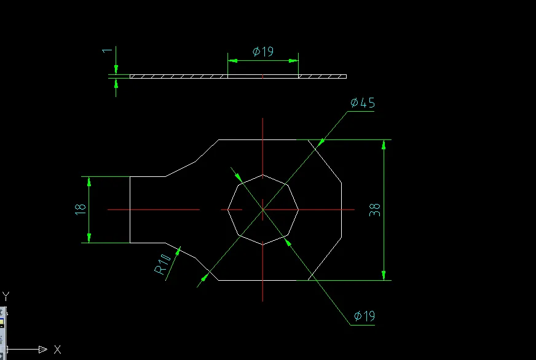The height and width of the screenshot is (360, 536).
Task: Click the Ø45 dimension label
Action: [362, 103]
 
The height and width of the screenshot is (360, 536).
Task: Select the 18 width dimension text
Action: [80, 209]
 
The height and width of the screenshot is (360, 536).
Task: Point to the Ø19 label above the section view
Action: [263, 52]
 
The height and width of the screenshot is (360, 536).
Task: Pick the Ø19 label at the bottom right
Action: [364, 316]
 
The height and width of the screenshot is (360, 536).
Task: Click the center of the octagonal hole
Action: [262, 209]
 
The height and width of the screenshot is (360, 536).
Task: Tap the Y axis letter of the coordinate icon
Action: [5, 295]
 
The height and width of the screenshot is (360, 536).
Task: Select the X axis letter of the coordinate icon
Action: [57, 350]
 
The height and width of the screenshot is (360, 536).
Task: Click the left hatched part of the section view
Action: [178, 77]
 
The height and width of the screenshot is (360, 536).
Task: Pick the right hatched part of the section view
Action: [322, 77]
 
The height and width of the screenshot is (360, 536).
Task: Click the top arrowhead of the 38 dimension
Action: [384, 144]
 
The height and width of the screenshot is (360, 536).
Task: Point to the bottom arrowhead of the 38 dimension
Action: [384, 276]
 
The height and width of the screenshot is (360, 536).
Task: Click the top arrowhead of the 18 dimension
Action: [89, 181]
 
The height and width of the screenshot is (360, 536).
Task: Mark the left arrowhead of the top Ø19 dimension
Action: [232, 60]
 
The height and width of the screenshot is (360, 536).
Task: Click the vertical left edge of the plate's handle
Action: [130, 209]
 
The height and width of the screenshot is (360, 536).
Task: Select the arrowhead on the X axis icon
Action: [42, 350]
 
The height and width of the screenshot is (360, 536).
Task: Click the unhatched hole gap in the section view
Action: [262, 77]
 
